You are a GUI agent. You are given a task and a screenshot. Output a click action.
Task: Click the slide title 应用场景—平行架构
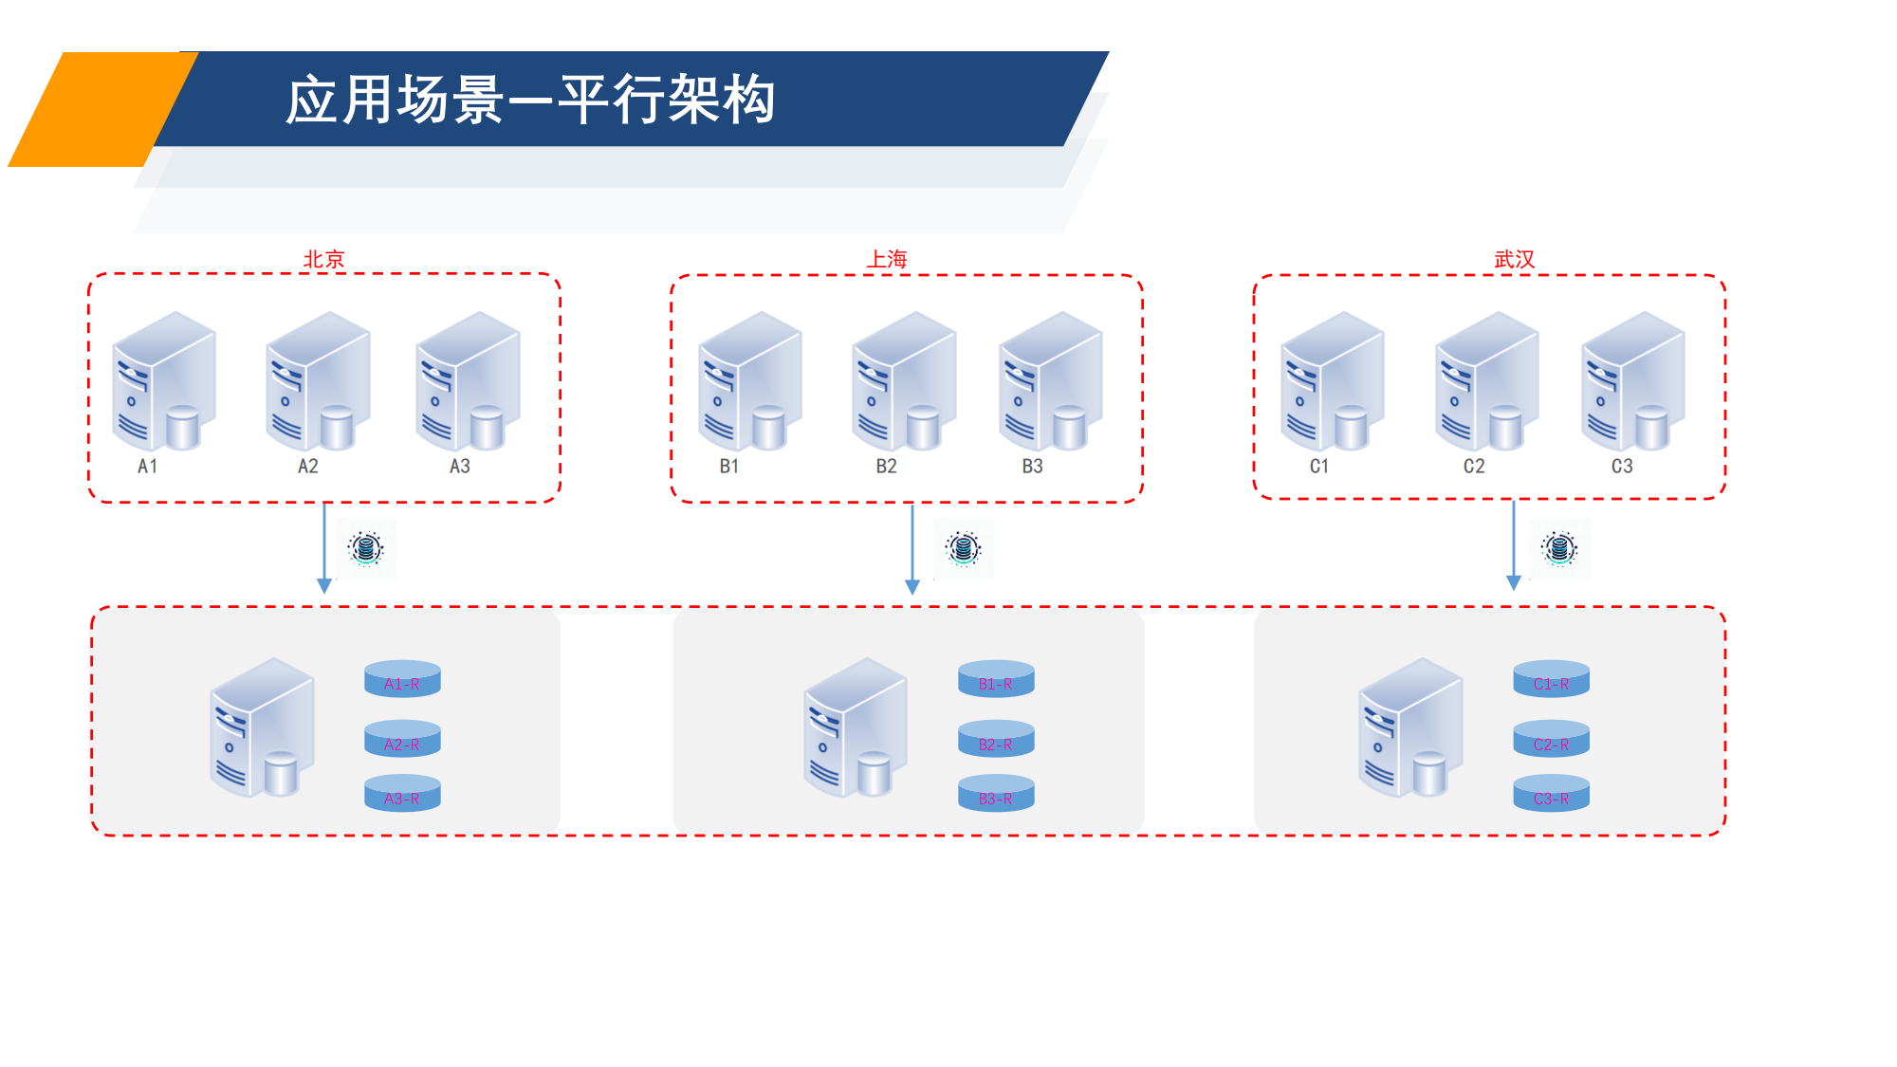pos(530,100)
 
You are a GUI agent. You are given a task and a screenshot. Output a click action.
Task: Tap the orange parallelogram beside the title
pos(100,109)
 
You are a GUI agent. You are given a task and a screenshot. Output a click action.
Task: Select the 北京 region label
pos(323,259)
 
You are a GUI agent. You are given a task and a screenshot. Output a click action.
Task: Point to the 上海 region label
pos(887,259)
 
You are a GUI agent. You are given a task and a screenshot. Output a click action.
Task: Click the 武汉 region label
pos(1514,259)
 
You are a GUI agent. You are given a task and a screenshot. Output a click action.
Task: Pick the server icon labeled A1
pos(164,381)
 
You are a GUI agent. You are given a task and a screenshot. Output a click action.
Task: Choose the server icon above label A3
pos(469,381)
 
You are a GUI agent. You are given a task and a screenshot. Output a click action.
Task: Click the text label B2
pos(886,467)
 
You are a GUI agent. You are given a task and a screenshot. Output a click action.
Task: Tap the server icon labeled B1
pos(750,381)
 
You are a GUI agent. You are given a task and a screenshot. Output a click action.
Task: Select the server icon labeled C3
pos(1633,381)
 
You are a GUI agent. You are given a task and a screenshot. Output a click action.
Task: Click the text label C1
pos(1319,467)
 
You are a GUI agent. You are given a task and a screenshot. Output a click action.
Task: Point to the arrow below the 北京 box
pos(324,548)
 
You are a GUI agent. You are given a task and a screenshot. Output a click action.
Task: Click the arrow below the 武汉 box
pos(1514,545)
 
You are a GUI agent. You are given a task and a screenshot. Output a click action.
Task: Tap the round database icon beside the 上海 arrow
pos(964,548)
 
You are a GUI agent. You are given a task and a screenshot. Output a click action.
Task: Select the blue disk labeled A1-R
pos(402,679)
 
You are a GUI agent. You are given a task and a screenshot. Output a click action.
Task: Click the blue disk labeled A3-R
pos(402,794)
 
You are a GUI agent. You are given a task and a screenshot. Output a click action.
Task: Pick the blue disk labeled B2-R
pos(996,740)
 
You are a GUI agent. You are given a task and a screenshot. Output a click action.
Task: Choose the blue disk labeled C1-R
pos(1551,679)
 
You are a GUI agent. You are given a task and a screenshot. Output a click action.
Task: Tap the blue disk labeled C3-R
pos(1551,794)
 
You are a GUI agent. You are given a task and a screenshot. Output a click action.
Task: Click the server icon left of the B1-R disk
pos(856,727)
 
